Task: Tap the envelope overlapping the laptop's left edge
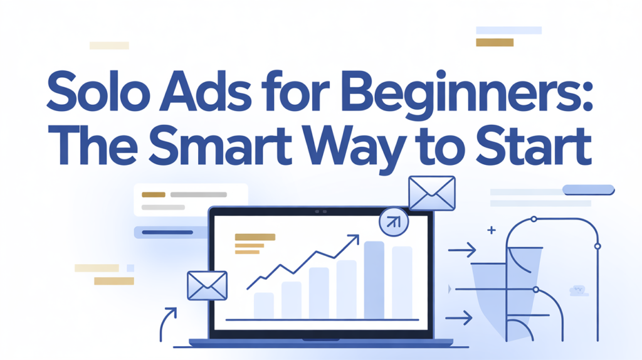coord(206,285)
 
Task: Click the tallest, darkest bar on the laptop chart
coord(374,279)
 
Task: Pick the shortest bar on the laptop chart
coord(263,305)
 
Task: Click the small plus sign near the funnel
coord(492,231)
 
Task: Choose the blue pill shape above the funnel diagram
coord(589,189)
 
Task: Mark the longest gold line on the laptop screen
coord(255,237)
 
